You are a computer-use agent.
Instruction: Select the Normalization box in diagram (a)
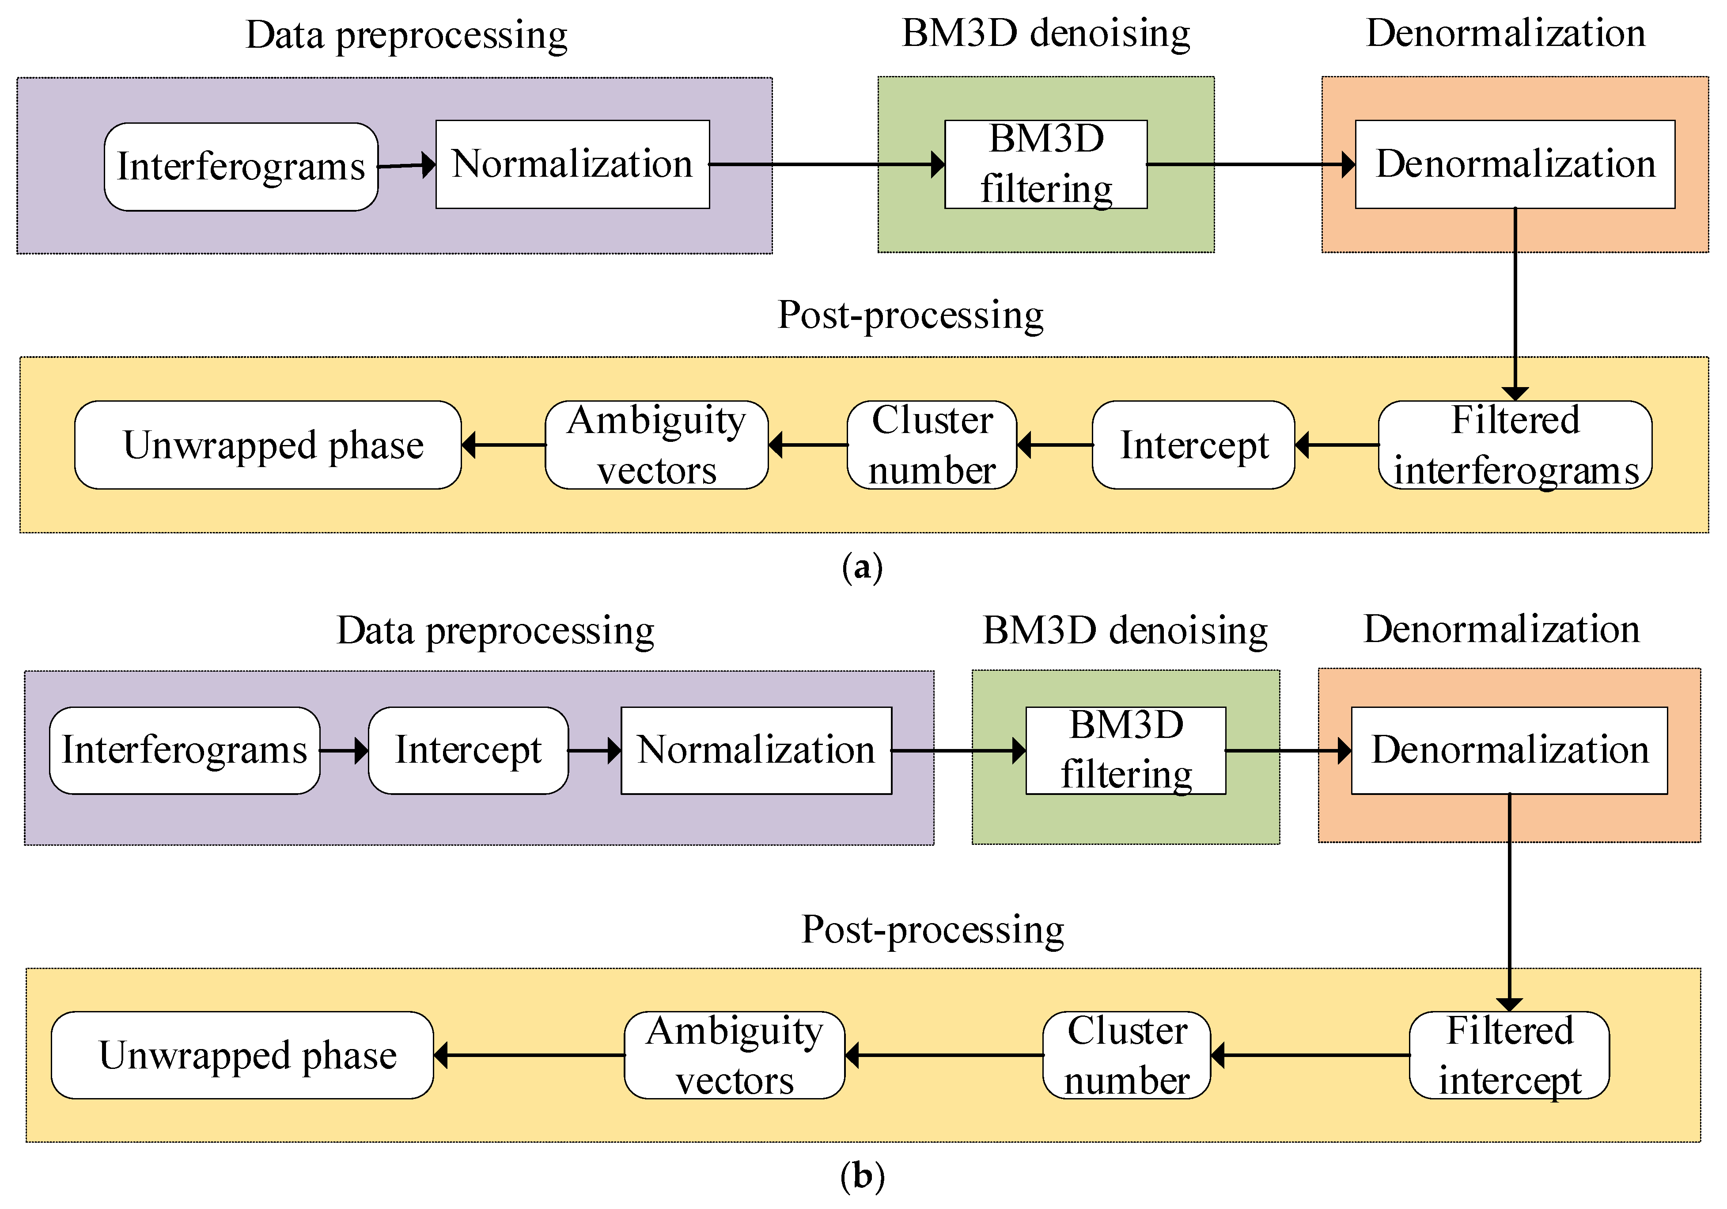click(x=572, y=164)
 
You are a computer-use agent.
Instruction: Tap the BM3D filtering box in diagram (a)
click(x=1045, y=164)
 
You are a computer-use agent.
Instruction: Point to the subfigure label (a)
click(x=862, y=566)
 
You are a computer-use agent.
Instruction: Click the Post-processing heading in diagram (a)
click(x=910, y=315)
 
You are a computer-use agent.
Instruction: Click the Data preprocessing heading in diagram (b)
click(x=495, y=631)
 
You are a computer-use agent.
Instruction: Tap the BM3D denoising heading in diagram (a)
click(x=1045, y=34)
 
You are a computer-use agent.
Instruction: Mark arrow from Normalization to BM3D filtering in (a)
click(x=827, y=164)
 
